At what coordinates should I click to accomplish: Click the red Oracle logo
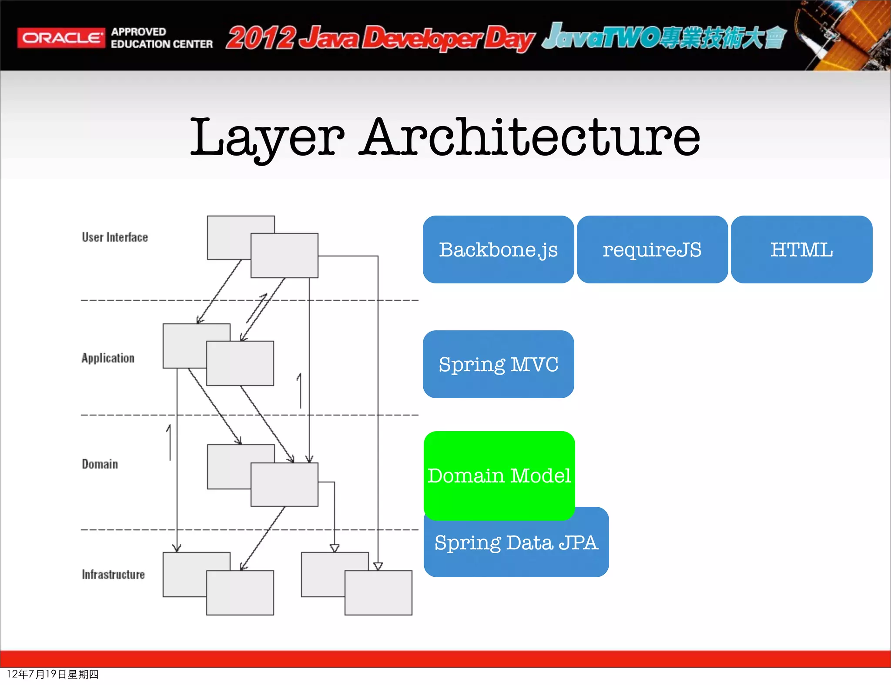tap(61, 38)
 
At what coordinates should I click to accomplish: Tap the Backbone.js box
tap(498, 249)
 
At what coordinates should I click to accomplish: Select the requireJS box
tap(652, 249)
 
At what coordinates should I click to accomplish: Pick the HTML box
tap(801, 249)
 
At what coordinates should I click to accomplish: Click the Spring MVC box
tap(498, 364)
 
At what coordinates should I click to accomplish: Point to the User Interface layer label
tap(115, 237)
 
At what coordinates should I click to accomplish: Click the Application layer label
tap(108, 358)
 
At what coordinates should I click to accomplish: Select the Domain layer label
tap(100, 464)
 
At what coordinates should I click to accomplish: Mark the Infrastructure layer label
tap(113, 575)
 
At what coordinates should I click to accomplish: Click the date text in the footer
tap(52, 674)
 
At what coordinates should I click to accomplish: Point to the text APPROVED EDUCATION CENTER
tap(161, 38)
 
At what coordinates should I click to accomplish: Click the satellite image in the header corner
tap(842, 35)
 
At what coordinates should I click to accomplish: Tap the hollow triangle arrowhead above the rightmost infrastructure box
tap(378, 566)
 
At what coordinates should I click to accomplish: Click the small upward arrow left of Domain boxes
tap(169, 442)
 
